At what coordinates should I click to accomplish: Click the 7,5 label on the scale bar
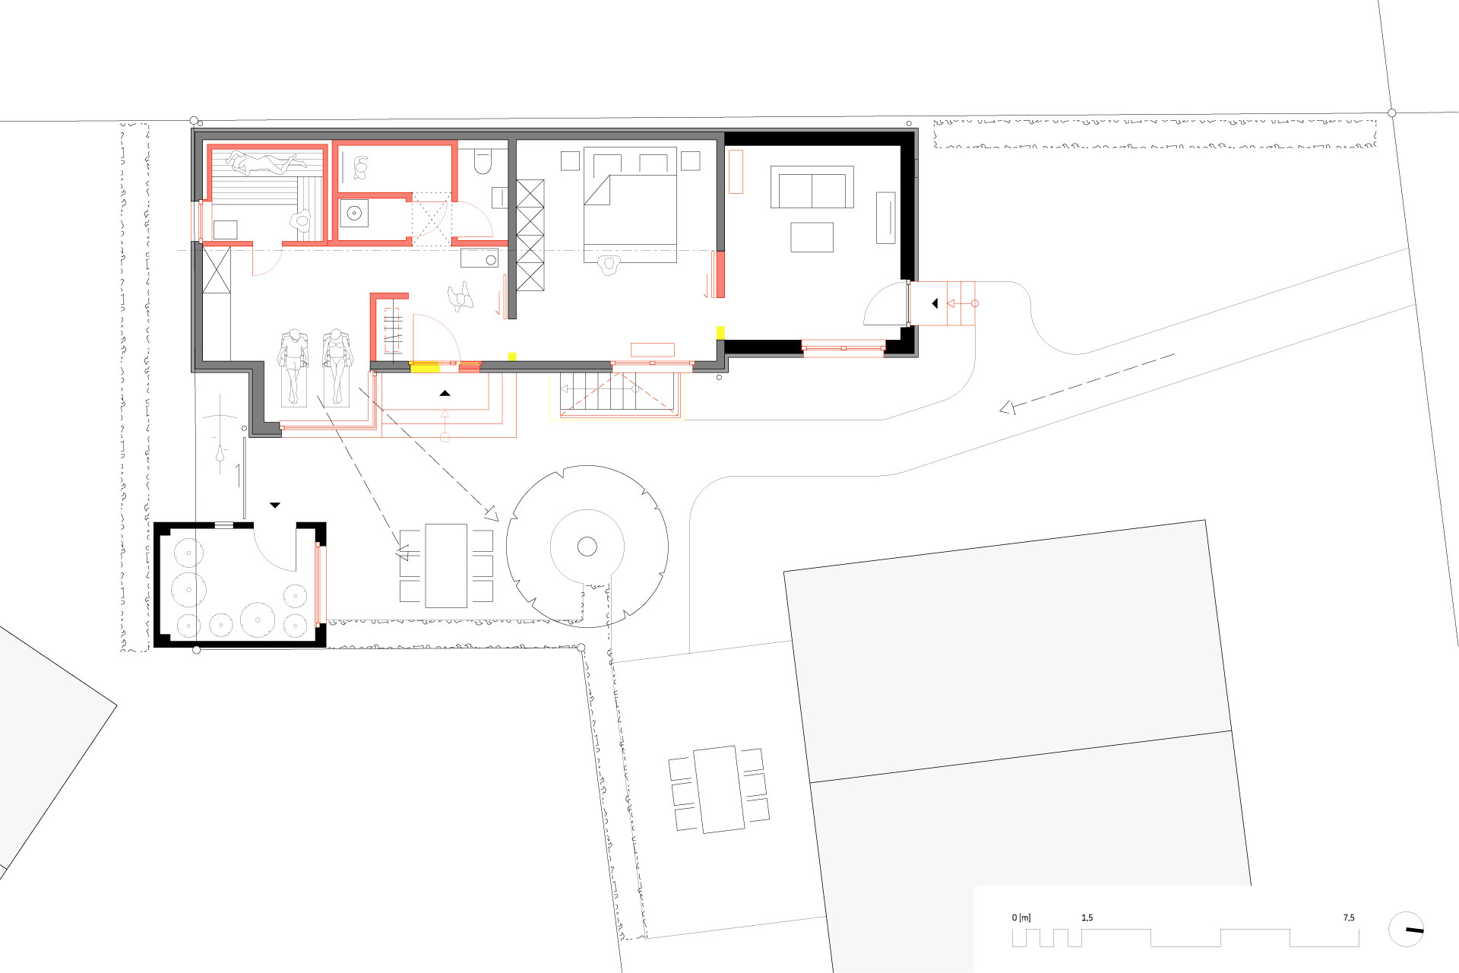1349,918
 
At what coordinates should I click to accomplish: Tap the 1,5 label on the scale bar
1087,918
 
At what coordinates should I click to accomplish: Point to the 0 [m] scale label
1021,918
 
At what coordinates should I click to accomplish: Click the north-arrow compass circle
1406,929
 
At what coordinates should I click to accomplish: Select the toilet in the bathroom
483,160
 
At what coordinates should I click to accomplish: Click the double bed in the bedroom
630,205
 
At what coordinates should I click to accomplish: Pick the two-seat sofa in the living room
812,187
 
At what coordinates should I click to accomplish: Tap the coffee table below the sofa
812,237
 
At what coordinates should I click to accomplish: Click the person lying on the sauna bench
263,162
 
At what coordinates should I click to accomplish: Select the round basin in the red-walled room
354,214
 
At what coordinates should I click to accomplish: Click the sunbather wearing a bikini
335,366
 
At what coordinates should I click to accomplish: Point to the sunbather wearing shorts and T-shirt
293,366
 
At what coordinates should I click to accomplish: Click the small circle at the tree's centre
587,546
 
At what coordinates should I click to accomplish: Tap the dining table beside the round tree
446,566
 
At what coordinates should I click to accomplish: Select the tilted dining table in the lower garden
719,790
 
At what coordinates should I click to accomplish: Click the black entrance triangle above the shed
275,505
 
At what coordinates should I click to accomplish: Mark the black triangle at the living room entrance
935,303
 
